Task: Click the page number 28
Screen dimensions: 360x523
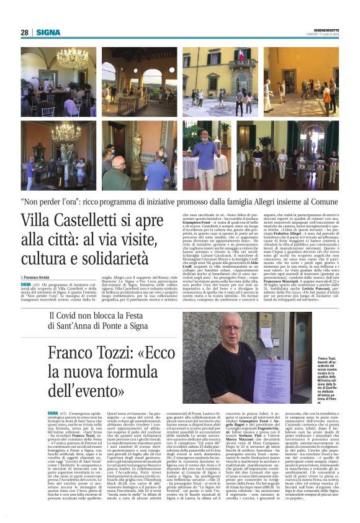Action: click(x=25, y=32)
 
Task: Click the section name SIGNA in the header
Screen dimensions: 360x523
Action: click(x=48, y=32)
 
